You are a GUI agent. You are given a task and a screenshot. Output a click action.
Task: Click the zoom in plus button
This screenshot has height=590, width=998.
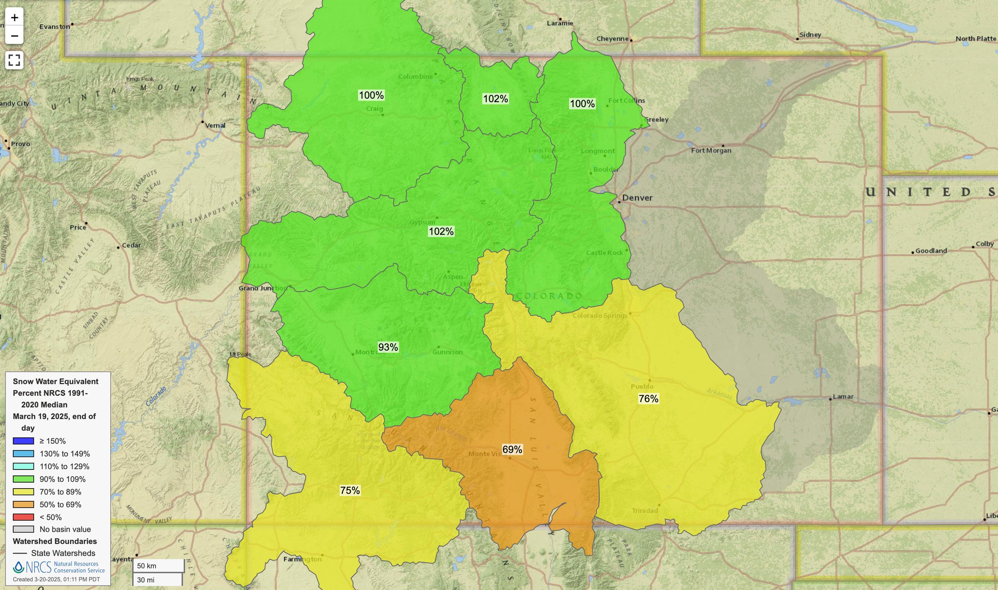14,18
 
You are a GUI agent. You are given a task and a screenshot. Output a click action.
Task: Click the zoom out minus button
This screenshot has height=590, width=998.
14,36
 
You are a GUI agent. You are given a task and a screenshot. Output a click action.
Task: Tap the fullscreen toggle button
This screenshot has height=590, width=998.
14,60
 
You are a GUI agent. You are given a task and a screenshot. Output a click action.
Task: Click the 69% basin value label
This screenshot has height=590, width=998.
512,449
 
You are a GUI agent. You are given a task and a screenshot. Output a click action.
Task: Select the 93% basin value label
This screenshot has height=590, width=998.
388,347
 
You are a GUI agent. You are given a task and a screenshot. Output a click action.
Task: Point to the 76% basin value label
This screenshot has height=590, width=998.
648,399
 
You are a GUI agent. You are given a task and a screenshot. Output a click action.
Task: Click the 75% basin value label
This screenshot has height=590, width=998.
350,491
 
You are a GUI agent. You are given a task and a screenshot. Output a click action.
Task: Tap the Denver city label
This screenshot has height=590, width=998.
637,198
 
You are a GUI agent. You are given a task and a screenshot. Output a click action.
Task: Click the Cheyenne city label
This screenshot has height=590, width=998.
612,39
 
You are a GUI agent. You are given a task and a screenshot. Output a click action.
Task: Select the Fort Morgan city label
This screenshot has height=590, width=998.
711,150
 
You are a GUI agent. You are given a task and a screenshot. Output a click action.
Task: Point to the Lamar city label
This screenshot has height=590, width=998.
843,396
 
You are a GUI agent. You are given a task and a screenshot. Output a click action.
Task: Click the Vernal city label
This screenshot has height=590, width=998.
215,125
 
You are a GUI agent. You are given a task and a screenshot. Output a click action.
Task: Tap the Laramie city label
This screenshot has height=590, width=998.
560,23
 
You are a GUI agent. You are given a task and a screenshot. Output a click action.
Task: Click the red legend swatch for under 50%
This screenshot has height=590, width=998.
23,517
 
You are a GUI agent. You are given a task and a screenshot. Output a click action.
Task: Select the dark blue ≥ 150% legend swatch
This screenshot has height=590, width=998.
23,441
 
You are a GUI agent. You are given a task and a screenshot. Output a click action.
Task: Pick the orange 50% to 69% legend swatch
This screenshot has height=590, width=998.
23,505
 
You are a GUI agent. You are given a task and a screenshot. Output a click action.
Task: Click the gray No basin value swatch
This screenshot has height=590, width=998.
23,529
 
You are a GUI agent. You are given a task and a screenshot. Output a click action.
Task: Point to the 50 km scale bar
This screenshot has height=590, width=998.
158,566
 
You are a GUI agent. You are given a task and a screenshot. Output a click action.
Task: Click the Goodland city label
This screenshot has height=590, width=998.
931,251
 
